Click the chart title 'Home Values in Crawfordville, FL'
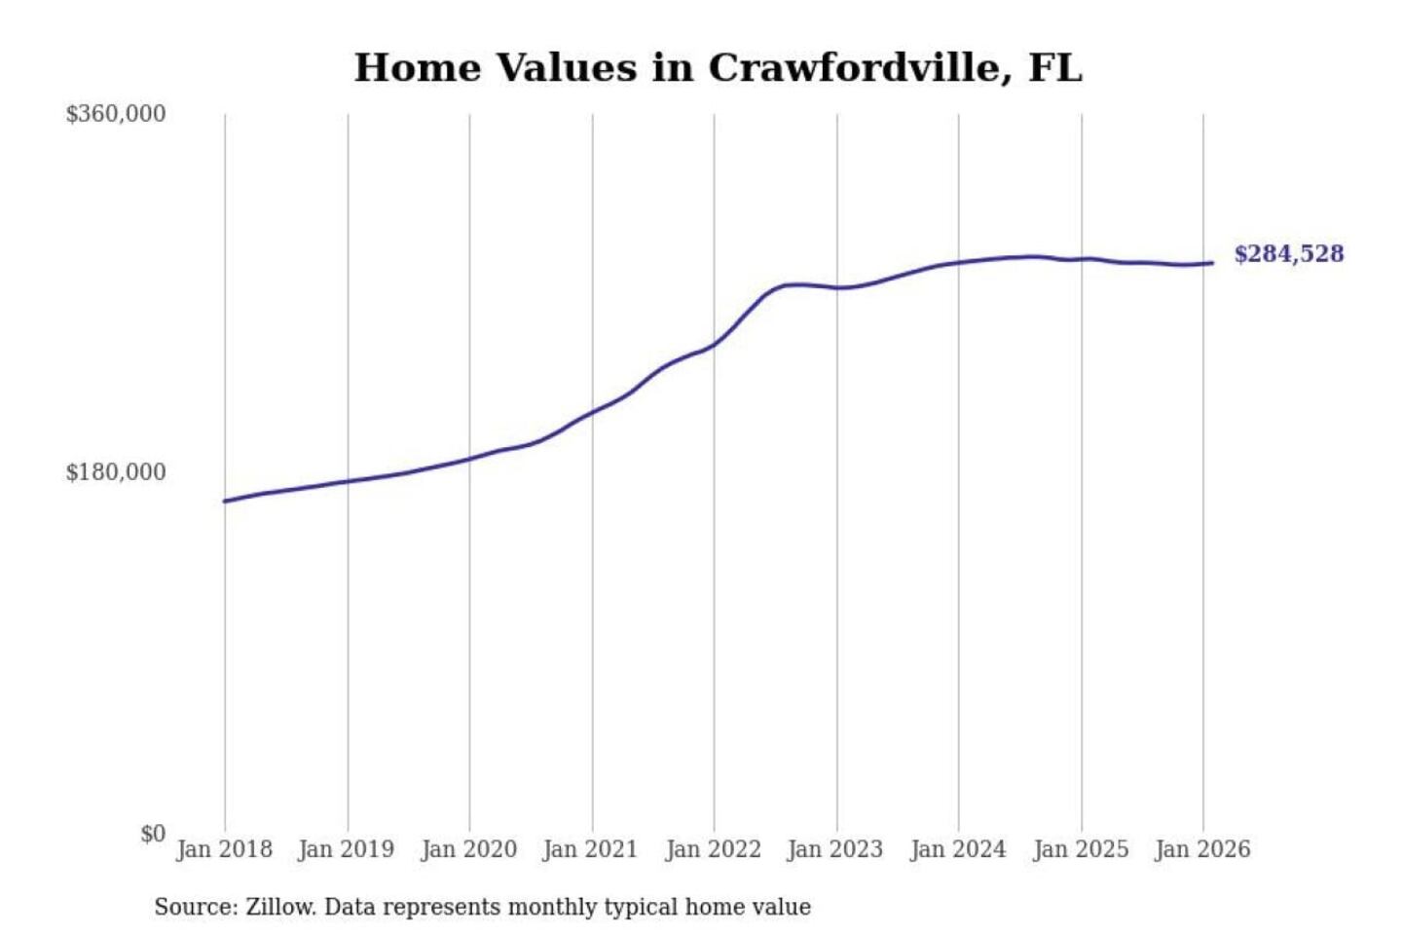coord(718,68)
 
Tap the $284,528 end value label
coord(1288,254)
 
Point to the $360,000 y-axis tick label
coord(115,114)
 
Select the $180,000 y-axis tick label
coord(115,472)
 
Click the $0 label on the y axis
coord(153,834)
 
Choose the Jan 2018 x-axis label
coord(224,849)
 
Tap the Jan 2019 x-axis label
coord(346,849)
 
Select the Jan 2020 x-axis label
coord(468,849)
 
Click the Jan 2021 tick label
coord(590,849)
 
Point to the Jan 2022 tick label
coord(713,849)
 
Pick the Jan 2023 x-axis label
coord(834,849)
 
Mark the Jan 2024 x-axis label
coord(957,849)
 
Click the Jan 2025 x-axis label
coord(1080,849)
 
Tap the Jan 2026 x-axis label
coord(1201,849)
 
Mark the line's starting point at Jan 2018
coord(225,501)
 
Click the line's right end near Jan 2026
coord(1211,263)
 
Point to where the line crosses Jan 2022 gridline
coord(714,345)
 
